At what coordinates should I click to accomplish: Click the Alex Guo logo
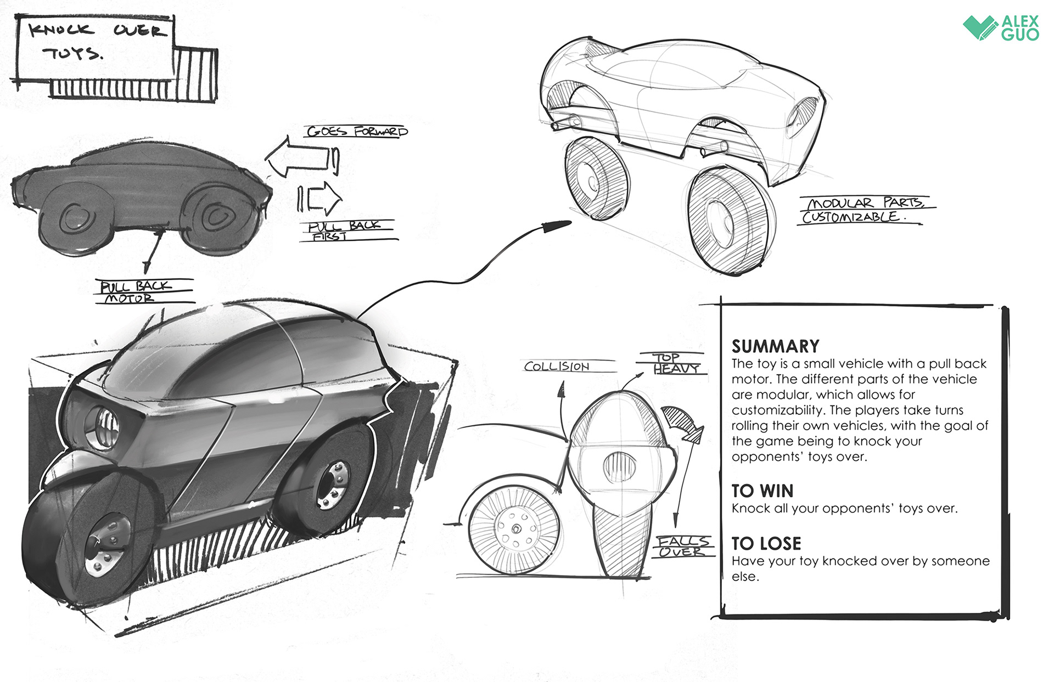tap(1001, 27)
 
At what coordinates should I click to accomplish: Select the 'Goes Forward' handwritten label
tap(357, 132)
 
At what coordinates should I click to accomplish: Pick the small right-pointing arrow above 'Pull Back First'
tap(321, 199)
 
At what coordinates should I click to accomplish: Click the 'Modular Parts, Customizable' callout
tap(864, 210)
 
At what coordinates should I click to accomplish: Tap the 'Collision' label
tap(557, 366)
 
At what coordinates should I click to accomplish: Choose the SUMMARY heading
tap(775, 346)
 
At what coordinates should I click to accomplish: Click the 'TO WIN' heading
tap(762, 491)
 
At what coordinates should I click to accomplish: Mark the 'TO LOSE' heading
tap(766, 543)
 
